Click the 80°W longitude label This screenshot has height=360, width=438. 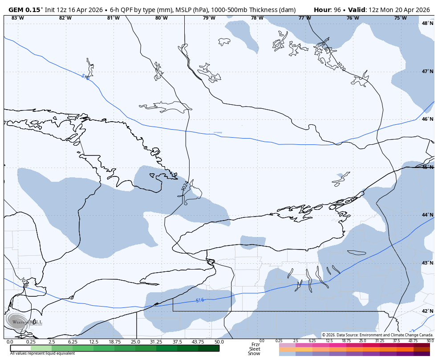coord(161,18)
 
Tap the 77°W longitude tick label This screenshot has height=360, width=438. coord(304,18)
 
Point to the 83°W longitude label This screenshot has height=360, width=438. coord(17,18)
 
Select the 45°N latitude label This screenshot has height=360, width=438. coord(427,167)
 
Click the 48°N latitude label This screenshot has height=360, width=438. coord(427,23)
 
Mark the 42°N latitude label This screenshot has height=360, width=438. coord(427,311)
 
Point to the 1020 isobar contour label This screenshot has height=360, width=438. coord(341,66)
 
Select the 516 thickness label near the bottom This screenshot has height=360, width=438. coord(200,300)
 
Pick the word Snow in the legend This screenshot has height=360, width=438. coord(254,354)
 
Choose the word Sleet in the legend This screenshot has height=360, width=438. coord(254,349)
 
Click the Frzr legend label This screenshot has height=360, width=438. coord(255,344)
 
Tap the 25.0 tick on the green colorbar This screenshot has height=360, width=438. coord(135,342)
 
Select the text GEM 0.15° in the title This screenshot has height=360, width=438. coord(26,10)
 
